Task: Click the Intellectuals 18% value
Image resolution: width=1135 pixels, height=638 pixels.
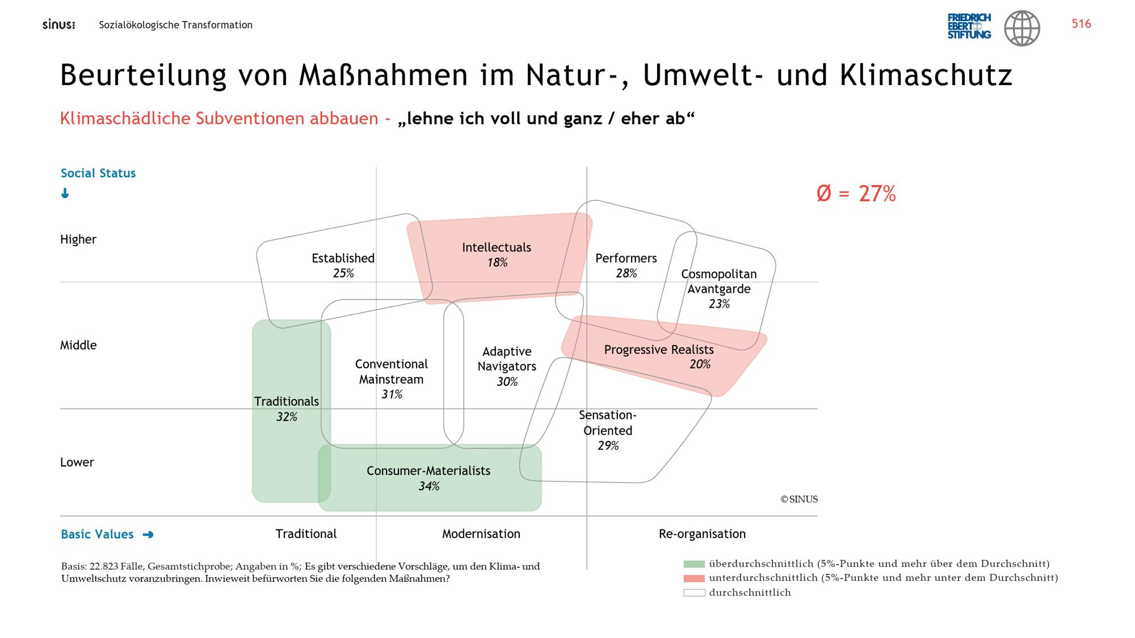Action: [497, 262]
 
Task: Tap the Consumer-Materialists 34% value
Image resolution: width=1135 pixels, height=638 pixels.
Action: [429, 486]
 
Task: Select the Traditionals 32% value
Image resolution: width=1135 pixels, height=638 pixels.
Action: [287, 417]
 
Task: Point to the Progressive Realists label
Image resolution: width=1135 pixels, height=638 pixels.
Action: [659, 350]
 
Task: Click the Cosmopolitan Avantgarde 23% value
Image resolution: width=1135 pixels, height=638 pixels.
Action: [719, 304]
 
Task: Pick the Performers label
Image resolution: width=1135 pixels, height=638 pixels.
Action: [626, 258]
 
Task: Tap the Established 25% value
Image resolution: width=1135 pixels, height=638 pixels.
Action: [343, 273]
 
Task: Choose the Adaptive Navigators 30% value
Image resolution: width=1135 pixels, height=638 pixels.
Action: [507, 381]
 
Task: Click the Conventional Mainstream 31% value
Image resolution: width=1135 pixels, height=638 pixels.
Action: [392, 394]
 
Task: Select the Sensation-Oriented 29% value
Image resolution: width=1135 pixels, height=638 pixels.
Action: [608, 446]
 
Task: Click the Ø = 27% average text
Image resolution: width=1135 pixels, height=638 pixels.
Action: [856, 194]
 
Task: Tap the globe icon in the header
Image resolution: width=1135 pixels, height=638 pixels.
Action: [1022, 28]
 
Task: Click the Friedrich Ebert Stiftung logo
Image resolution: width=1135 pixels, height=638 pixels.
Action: [969, 26]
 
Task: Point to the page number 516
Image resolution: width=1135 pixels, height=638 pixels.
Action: [1081, 24]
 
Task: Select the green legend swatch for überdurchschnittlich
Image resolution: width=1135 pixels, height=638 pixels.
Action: [694, 564]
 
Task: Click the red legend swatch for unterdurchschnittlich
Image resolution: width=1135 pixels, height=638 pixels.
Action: [694, 578]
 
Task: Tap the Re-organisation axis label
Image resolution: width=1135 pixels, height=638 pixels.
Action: [702, 534]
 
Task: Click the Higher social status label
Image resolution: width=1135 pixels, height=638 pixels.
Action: [78, 239]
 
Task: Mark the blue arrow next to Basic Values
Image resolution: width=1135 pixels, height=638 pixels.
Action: [148, 535]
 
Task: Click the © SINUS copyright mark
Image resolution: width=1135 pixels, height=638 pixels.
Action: [799, 500]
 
